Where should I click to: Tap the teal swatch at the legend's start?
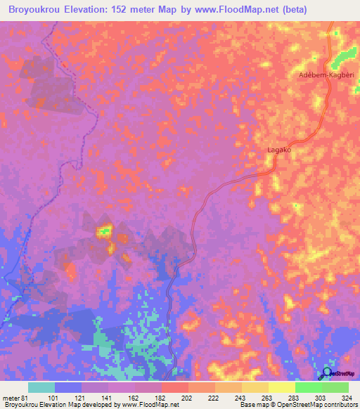(41, 387)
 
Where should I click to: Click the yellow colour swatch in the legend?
(281, 387)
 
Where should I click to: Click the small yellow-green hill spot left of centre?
(105, 229)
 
